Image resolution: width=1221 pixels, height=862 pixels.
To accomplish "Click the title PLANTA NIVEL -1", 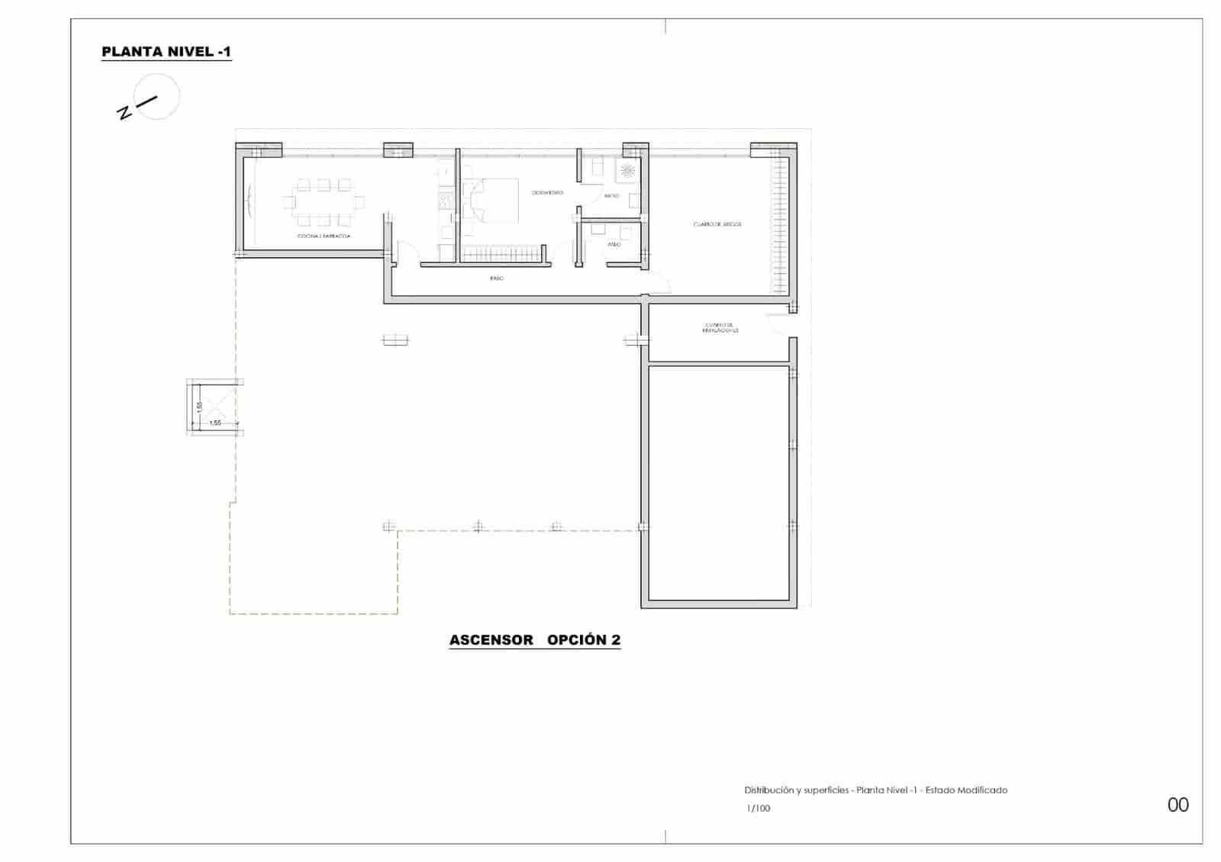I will click(166, 52).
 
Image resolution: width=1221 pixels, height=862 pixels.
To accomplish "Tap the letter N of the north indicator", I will click(124, 113).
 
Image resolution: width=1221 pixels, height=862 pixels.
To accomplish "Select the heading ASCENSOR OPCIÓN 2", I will click(535, 640).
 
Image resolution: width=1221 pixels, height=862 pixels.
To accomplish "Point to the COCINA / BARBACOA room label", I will click(324, 236).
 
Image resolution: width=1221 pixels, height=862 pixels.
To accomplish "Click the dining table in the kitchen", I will click(324, 202).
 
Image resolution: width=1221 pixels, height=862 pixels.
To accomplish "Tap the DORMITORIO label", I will click(547, 193).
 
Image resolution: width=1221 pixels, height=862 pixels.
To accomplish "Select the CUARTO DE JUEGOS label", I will click(717, 224).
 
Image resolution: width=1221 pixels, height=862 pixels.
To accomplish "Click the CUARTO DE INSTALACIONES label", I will click(720, 328).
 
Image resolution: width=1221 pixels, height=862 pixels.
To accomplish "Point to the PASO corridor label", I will click(497, 278).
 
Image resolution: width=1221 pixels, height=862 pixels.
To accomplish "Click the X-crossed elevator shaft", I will click(214, 406).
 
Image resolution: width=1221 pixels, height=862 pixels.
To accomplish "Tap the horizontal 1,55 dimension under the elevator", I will click(215, 423).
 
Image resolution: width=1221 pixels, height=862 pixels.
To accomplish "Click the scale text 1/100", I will click(759, 809).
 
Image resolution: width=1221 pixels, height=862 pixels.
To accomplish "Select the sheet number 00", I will click(1178, 805).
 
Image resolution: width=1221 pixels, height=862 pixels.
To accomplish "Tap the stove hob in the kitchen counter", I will click(445, 201).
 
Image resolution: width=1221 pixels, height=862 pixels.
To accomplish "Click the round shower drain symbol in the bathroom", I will click(629, 170).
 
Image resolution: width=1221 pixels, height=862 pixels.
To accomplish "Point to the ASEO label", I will click(614, 244).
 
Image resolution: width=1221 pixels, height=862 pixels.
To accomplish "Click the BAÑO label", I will click(611, 196).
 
